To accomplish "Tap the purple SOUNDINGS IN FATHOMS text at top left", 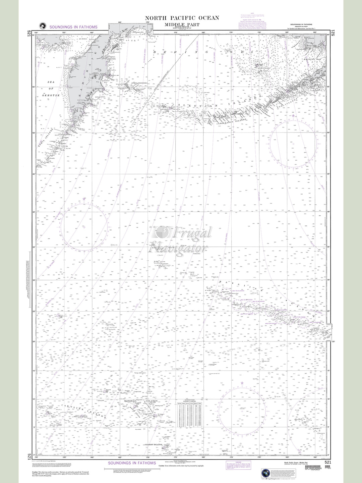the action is tap(73, 27).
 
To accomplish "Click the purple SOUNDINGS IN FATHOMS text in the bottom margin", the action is tap(132, 463).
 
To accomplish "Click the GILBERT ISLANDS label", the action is tap(153, 445).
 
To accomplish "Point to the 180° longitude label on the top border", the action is tap(203, 33).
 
